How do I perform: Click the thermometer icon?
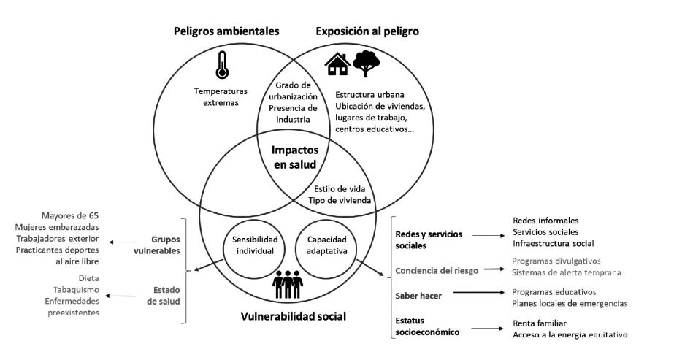[x=221, y=65]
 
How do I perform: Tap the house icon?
[x=337, y=64]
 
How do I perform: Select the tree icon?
[x=367, y=64]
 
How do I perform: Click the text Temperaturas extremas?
[x=221, y=98]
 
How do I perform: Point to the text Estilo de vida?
[x=342, y=188]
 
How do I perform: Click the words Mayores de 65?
[x=77, y=215]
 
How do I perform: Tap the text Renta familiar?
[x=540, y=323]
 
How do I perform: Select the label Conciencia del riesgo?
[x=436, y=270]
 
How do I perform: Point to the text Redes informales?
[x=545, y=220]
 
